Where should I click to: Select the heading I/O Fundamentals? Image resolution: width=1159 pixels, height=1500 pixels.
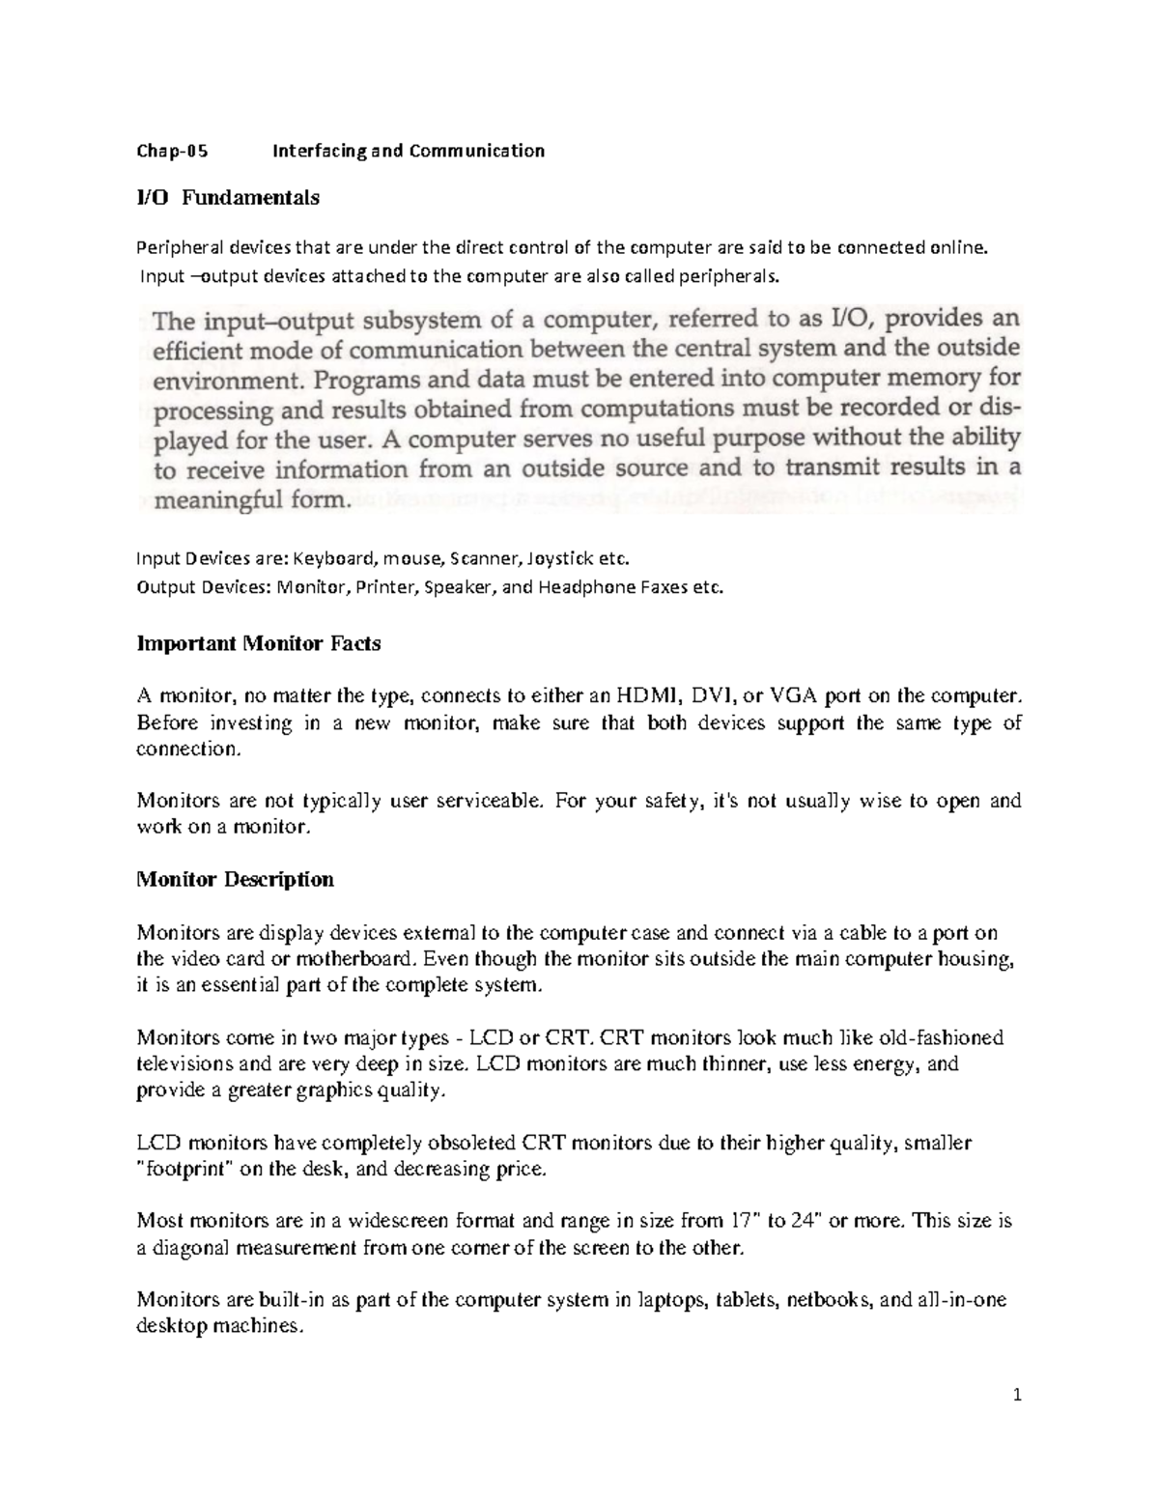(x=228, y=198)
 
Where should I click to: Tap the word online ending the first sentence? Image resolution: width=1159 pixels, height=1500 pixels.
(x=959, y=248)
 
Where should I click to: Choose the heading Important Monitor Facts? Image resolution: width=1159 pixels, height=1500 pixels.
(x=259, y=643)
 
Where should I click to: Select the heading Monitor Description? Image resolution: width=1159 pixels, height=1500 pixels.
(x=236, y=879)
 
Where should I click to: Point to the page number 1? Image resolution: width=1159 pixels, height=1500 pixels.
(x=1017, y=1395)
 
